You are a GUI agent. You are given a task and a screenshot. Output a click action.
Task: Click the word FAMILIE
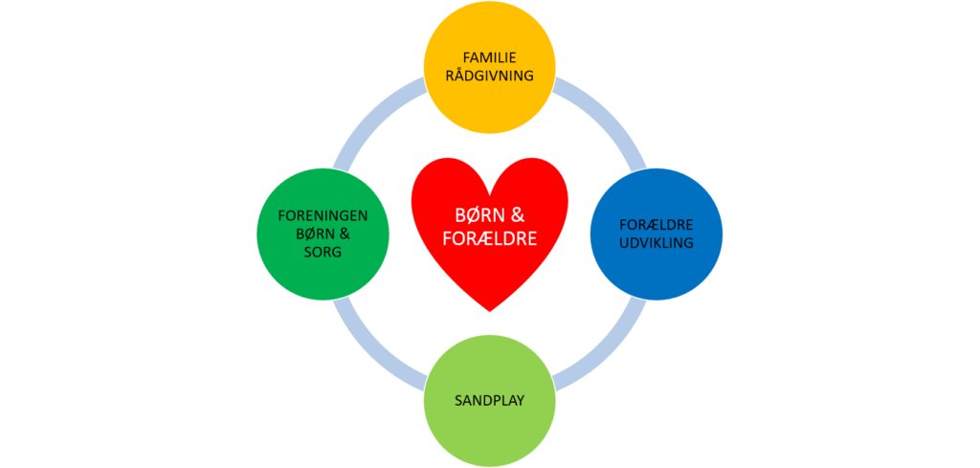point(489,57)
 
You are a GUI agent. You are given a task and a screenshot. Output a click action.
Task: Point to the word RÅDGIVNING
point(489,76)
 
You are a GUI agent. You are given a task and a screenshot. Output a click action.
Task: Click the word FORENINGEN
point(323,215)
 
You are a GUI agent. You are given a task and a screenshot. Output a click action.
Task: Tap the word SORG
point(323,251)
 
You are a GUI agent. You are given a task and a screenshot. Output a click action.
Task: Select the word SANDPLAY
point(489,400)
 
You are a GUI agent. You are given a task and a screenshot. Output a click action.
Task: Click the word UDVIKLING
point(657,243)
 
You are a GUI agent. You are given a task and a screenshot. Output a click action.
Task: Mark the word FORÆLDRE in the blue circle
point(657,226)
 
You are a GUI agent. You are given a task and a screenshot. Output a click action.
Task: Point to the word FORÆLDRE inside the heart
point(490,237)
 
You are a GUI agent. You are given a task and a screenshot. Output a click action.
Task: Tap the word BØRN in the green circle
point(313,234)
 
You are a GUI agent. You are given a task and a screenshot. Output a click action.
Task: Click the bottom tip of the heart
point(490,310)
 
